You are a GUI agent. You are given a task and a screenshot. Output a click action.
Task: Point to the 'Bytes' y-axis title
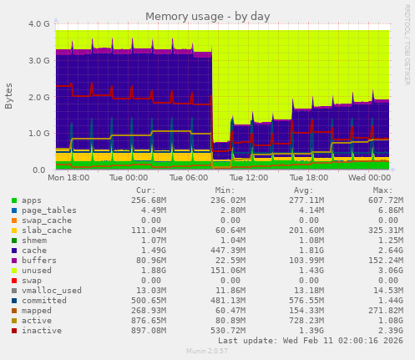click(x=9, y=96)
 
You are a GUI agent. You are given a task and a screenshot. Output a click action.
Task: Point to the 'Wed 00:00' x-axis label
click(x=367, y=178)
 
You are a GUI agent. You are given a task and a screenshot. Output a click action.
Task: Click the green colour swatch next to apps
click(x=14, y=200)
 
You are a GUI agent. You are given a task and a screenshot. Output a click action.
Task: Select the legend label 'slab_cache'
click(x=42, y=229)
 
